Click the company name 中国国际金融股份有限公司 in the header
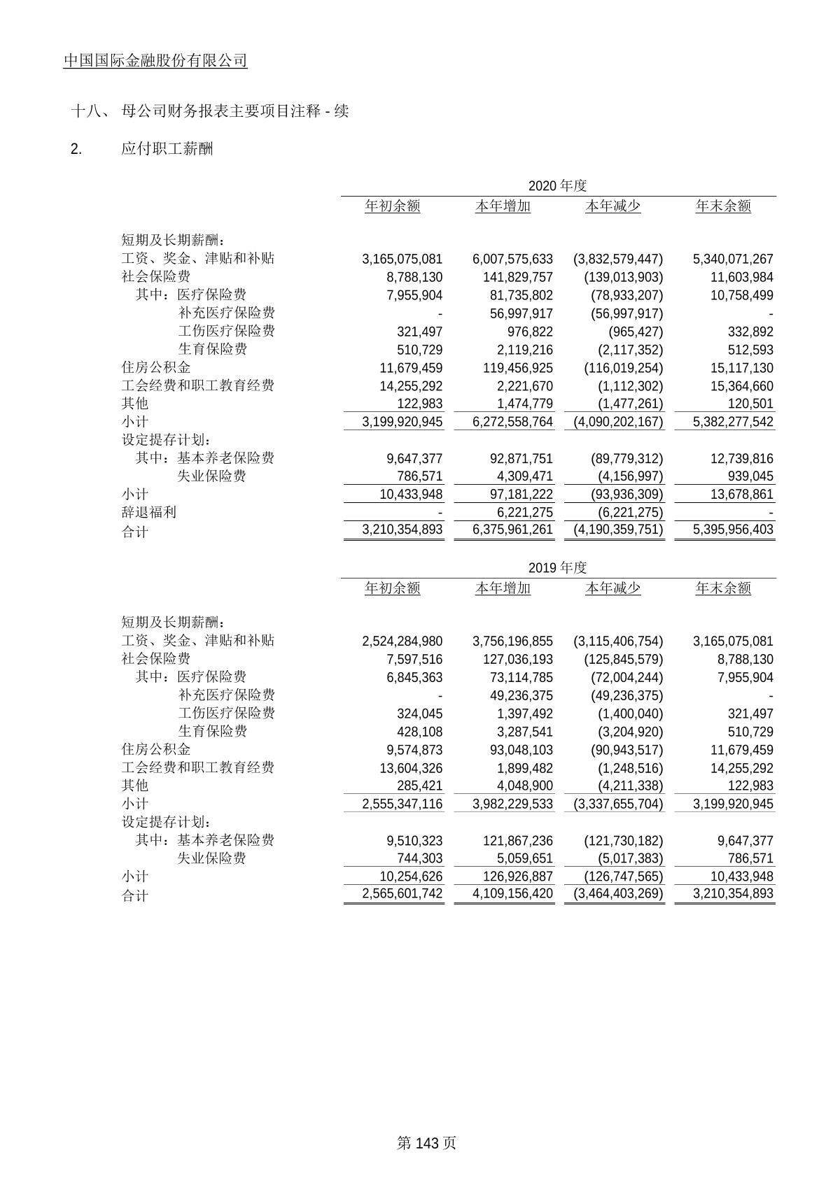pos(155,61)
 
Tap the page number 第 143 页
pos(426,1142)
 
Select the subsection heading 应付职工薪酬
pos(167,148)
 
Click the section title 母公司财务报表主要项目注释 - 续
pos(234,111)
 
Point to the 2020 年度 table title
pos(557,185)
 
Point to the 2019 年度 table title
pos(557,567)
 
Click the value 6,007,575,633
pos(512,259)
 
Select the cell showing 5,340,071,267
pos(733,259)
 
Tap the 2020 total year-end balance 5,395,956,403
pos(733,530)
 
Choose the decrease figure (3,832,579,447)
pos(617,259)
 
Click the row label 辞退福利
pos(148,512)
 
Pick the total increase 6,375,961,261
pos(512,530)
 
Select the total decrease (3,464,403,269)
pos(617,893)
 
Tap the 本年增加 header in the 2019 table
pos(503,588)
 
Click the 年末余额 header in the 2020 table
pos(723,206)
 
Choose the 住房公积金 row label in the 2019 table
pos(155,749)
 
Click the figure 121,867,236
pos(517,841)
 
